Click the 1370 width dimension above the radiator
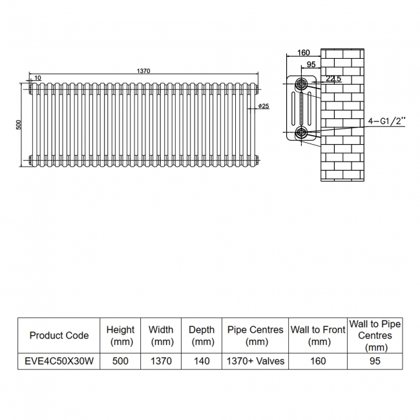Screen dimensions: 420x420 pos(143,71)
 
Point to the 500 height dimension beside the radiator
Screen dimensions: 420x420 pos(19,125)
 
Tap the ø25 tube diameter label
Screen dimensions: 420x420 pos(264,106)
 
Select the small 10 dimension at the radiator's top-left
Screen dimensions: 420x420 pos(37,78)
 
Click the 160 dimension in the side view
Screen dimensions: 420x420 pos(304,52)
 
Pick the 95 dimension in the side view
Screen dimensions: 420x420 pos(311,65)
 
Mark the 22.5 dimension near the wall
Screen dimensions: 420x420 pos(333,78)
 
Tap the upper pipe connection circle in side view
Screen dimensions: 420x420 pos(302,84)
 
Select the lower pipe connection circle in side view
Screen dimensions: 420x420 pos(302,132)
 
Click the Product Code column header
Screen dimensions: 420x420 pos(59,335)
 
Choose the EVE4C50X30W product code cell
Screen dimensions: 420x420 pos(59,361)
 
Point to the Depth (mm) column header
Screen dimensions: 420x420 pos(202,335)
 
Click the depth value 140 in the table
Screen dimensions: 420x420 pos(202,361)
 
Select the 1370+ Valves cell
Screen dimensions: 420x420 pos(255,361)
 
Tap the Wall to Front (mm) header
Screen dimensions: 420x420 pos(318,335)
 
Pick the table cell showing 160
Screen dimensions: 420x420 pos(318,361)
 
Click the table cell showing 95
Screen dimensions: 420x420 pos(375,361)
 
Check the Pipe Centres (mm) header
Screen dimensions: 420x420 pos(255,335)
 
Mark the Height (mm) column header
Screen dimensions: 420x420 pos(120,335)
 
